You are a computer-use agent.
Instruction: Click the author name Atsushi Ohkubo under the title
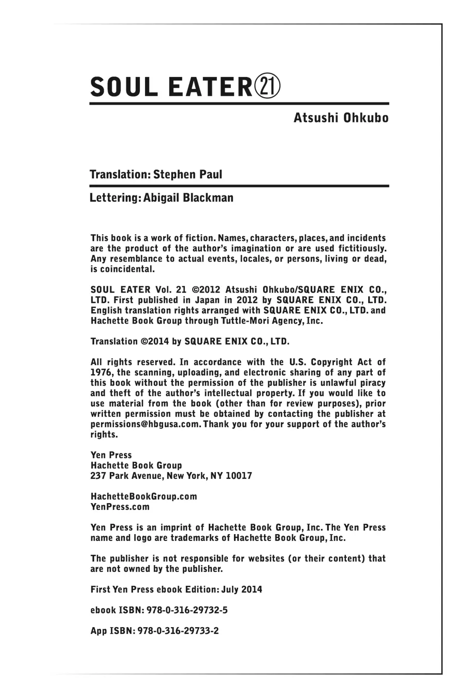point(341,118)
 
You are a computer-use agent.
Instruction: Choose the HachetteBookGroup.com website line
point(143,496)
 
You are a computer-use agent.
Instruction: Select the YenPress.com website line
point(120,507)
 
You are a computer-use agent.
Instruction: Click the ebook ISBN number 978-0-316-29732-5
point(187,610)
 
